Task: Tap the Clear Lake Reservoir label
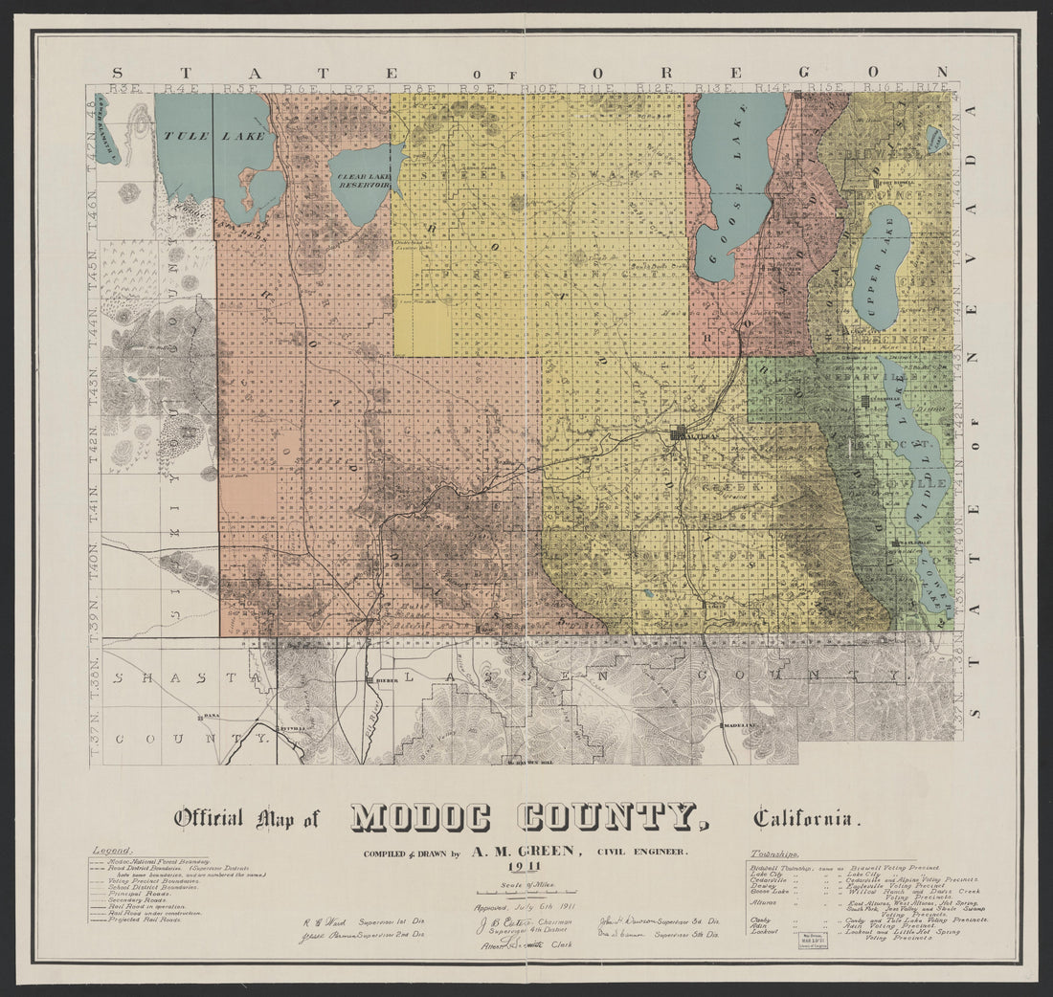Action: point(360,180)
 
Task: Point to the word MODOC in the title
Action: point(420,817)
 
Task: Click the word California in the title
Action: point(806,818)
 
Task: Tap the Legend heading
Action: point(113,849)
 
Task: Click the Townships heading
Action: point(775,853)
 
